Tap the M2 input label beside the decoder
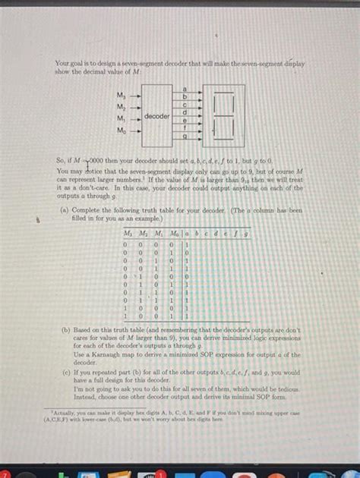[121, 107]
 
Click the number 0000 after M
[99, 161]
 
